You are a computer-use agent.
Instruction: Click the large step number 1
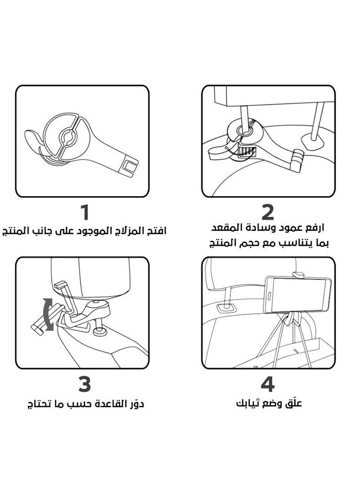pos(83,213)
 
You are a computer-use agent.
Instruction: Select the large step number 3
pos(84,384)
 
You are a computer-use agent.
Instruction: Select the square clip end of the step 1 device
pos(129,166)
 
